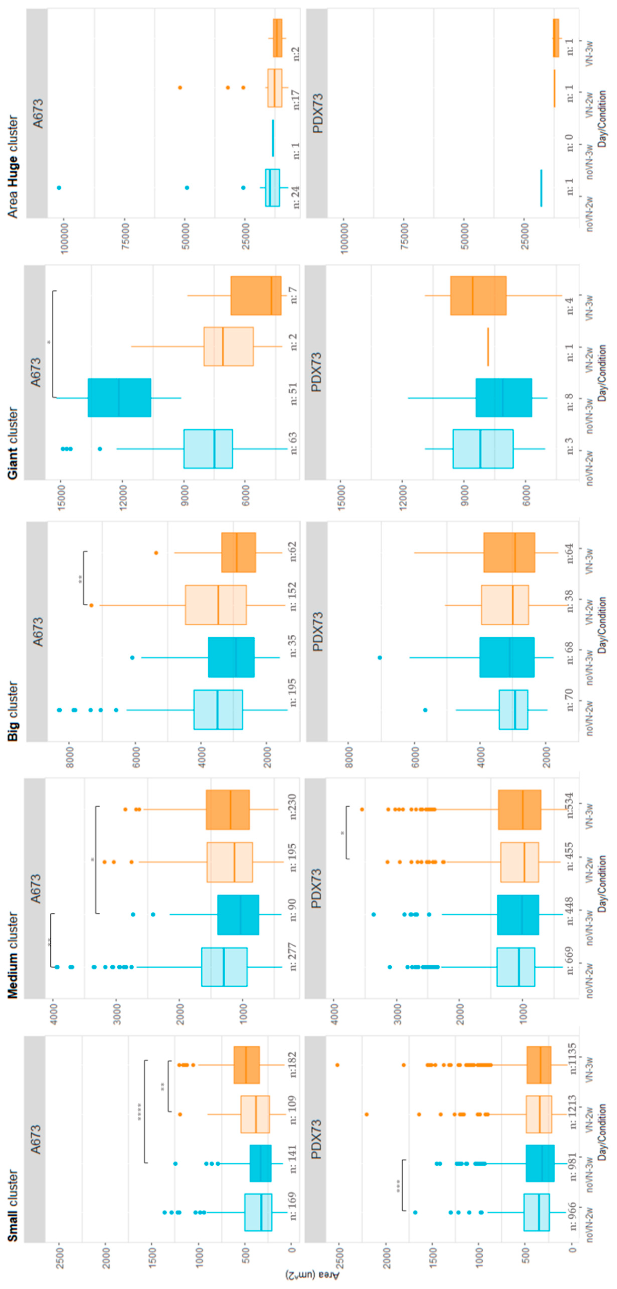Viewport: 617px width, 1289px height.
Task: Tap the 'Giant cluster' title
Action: point(13,443)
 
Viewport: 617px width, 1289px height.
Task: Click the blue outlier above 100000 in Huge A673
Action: point(59,188)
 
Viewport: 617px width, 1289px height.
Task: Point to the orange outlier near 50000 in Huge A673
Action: point(180,88)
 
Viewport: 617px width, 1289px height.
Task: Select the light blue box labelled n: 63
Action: point(208,449)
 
